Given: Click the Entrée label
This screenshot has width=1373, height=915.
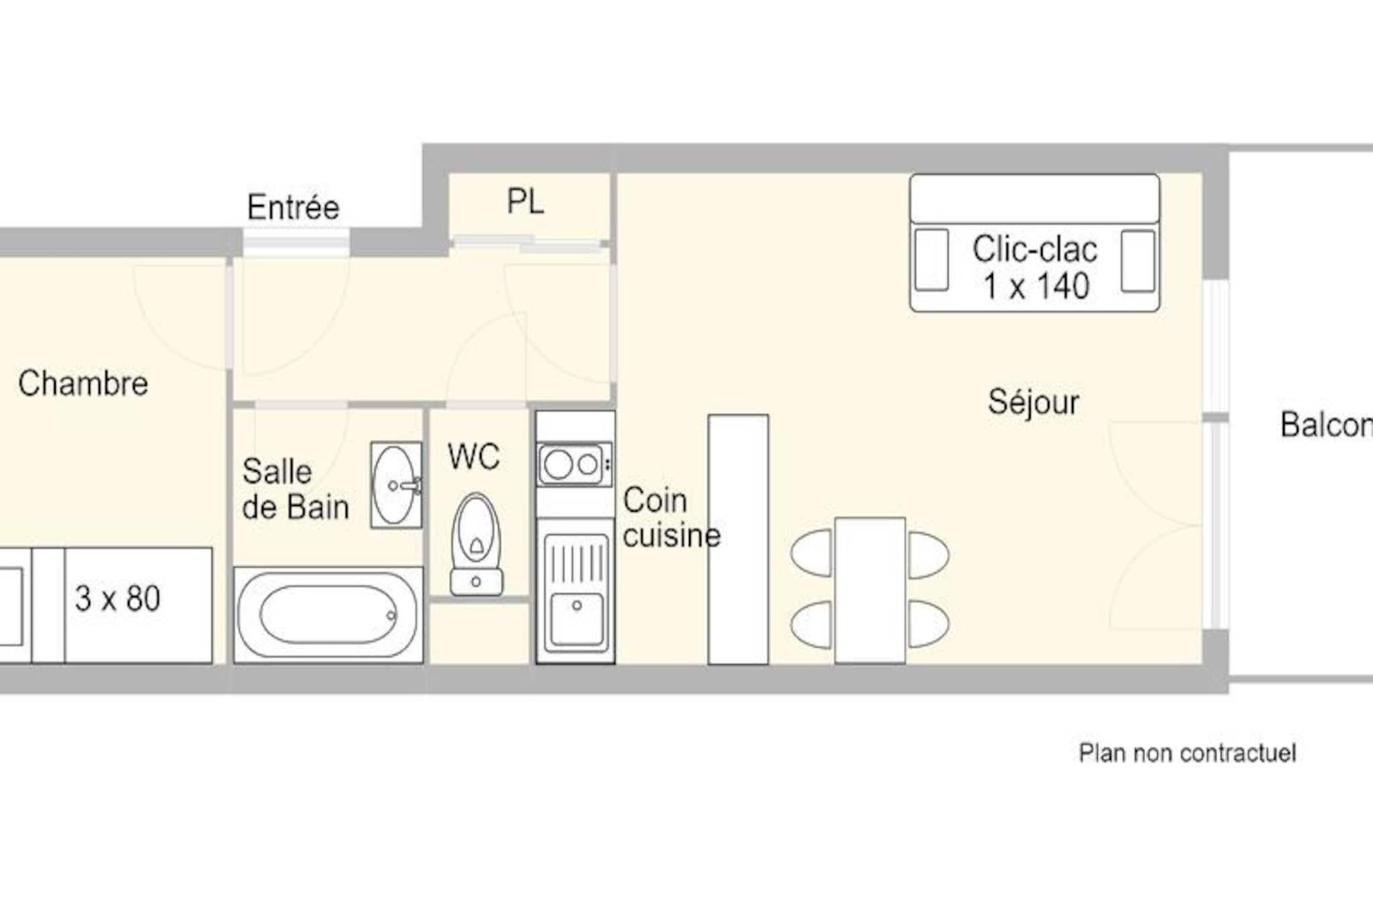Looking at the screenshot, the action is coord(293,207).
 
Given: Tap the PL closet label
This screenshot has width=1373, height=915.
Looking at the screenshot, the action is coord(526,201).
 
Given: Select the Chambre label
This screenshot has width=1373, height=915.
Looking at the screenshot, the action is coord(83,383).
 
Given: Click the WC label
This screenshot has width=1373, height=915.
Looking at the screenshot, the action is coord(474,457).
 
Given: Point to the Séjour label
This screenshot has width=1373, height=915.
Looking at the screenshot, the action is coord(1033,402).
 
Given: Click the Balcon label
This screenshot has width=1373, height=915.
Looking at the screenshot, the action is coord(1326,425).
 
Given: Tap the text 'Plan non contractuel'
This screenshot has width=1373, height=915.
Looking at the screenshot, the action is coord(1187,753).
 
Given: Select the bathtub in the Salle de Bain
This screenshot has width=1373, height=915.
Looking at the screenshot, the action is coord(329,615).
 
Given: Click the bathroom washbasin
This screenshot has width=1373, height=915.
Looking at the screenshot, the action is coord(396,485).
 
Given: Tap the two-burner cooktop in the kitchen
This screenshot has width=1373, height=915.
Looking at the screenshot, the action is coord(575,464).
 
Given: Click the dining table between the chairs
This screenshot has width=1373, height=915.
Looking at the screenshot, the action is coord(870,591).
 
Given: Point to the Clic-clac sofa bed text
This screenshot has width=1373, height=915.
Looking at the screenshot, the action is coord(1035,267).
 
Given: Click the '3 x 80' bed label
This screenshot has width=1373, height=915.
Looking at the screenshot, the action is coord(118,599).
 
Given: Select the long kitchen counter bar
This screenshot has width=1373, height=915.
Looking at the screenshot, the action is coord(738,540).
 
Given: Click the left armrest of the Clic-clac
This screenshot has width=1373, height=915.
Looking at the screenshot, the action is coord(932,260).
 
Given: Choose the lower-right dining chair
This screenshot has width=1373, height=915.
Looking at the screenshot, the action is coord(929,625).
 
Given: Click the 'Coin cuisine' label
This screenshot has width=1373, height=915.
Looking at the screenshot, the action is coord(671,518).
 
